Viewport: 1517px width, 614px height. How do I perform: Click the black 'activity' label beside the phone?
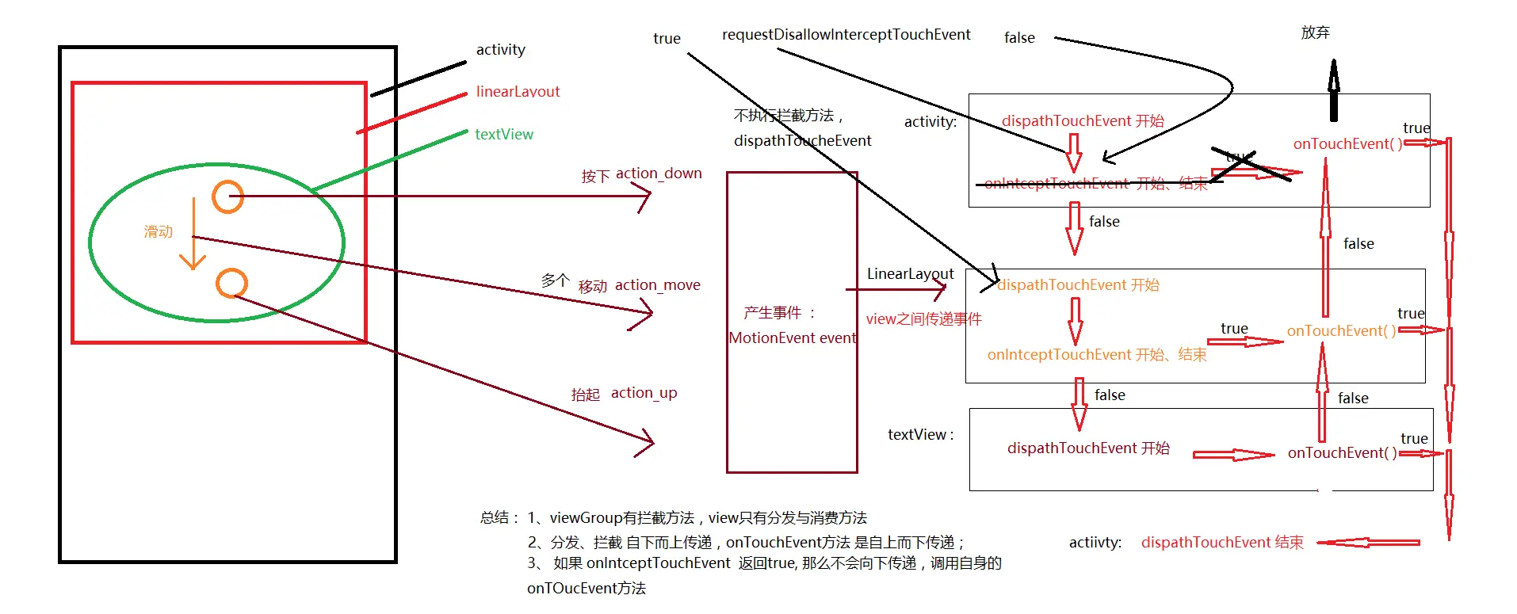coord(500,50)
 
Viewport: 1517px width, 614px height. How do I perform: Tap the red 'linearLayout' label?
coord(518,92)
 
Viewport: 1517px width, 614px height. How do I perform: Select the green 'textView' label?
coord(504,135)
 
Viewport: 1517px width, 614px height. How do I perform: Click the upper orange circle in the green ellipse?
coord(227,196)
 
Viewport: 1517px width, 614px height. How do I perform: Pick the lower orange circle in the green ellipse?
coord(231,283)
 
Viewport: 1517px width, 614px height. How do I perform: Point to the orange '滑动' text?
coord(158,231)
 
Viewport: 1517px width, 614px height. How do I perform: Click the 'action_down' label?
coord(659,174)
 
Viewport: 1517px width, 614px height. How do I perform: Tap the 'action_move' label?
coord(657,285)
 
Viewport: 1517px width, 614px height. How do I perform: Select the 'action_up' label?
coord(644,393)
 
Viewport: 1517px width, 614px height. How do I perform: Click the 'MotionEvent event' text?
coord(792,338)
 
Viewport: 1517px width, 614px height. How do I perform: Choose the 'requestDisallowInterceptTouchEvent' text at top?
coord(846,35)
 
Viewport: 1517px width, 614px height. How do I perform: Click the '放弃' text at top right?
coord(1315,32)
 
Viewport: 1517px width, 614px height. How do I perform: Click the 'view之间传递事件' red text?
coord(923,319)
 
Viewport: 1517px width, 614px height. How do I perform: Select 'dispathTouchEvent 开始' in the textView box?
coord(1087,448)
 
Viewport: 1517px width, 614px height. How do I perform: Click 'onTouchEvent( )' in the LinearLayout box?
coord(1341,331)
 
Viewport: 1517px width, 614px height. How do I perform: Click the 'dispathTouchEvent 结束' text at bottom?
coord(1221,543)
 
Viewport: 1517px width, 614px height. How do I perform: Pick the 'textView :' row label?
coord(920,435)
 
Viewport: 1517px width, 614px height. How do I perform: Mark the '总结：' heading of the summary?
coord(499,518)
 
